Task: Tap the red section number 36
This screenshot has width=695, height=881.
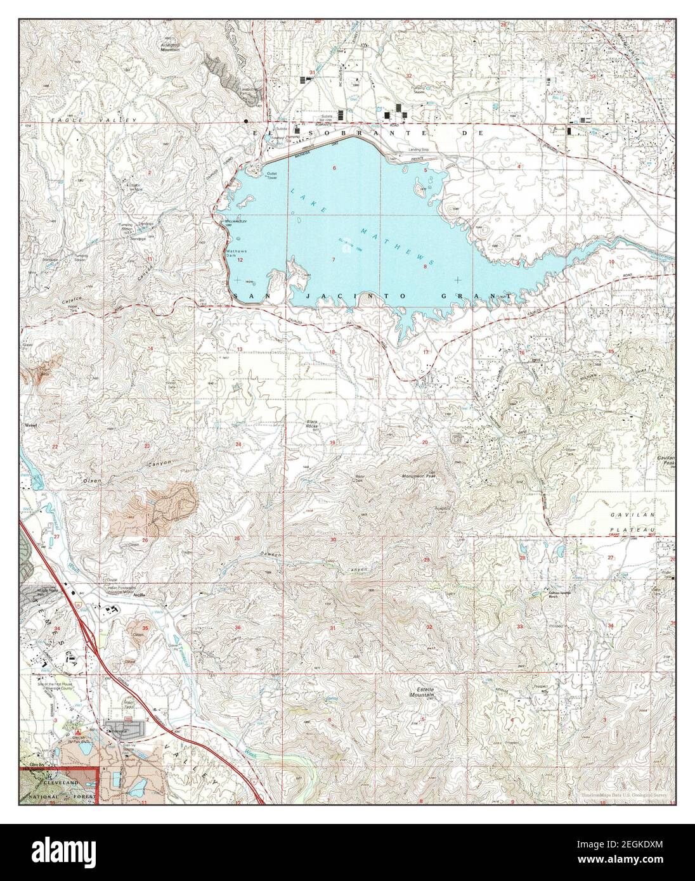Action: tap(238, 627)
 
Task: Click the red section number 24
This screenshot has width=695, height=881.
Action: tap(238, 444)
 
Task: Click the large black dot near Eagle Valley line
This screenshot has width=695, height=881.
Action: tap(245, 120)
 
